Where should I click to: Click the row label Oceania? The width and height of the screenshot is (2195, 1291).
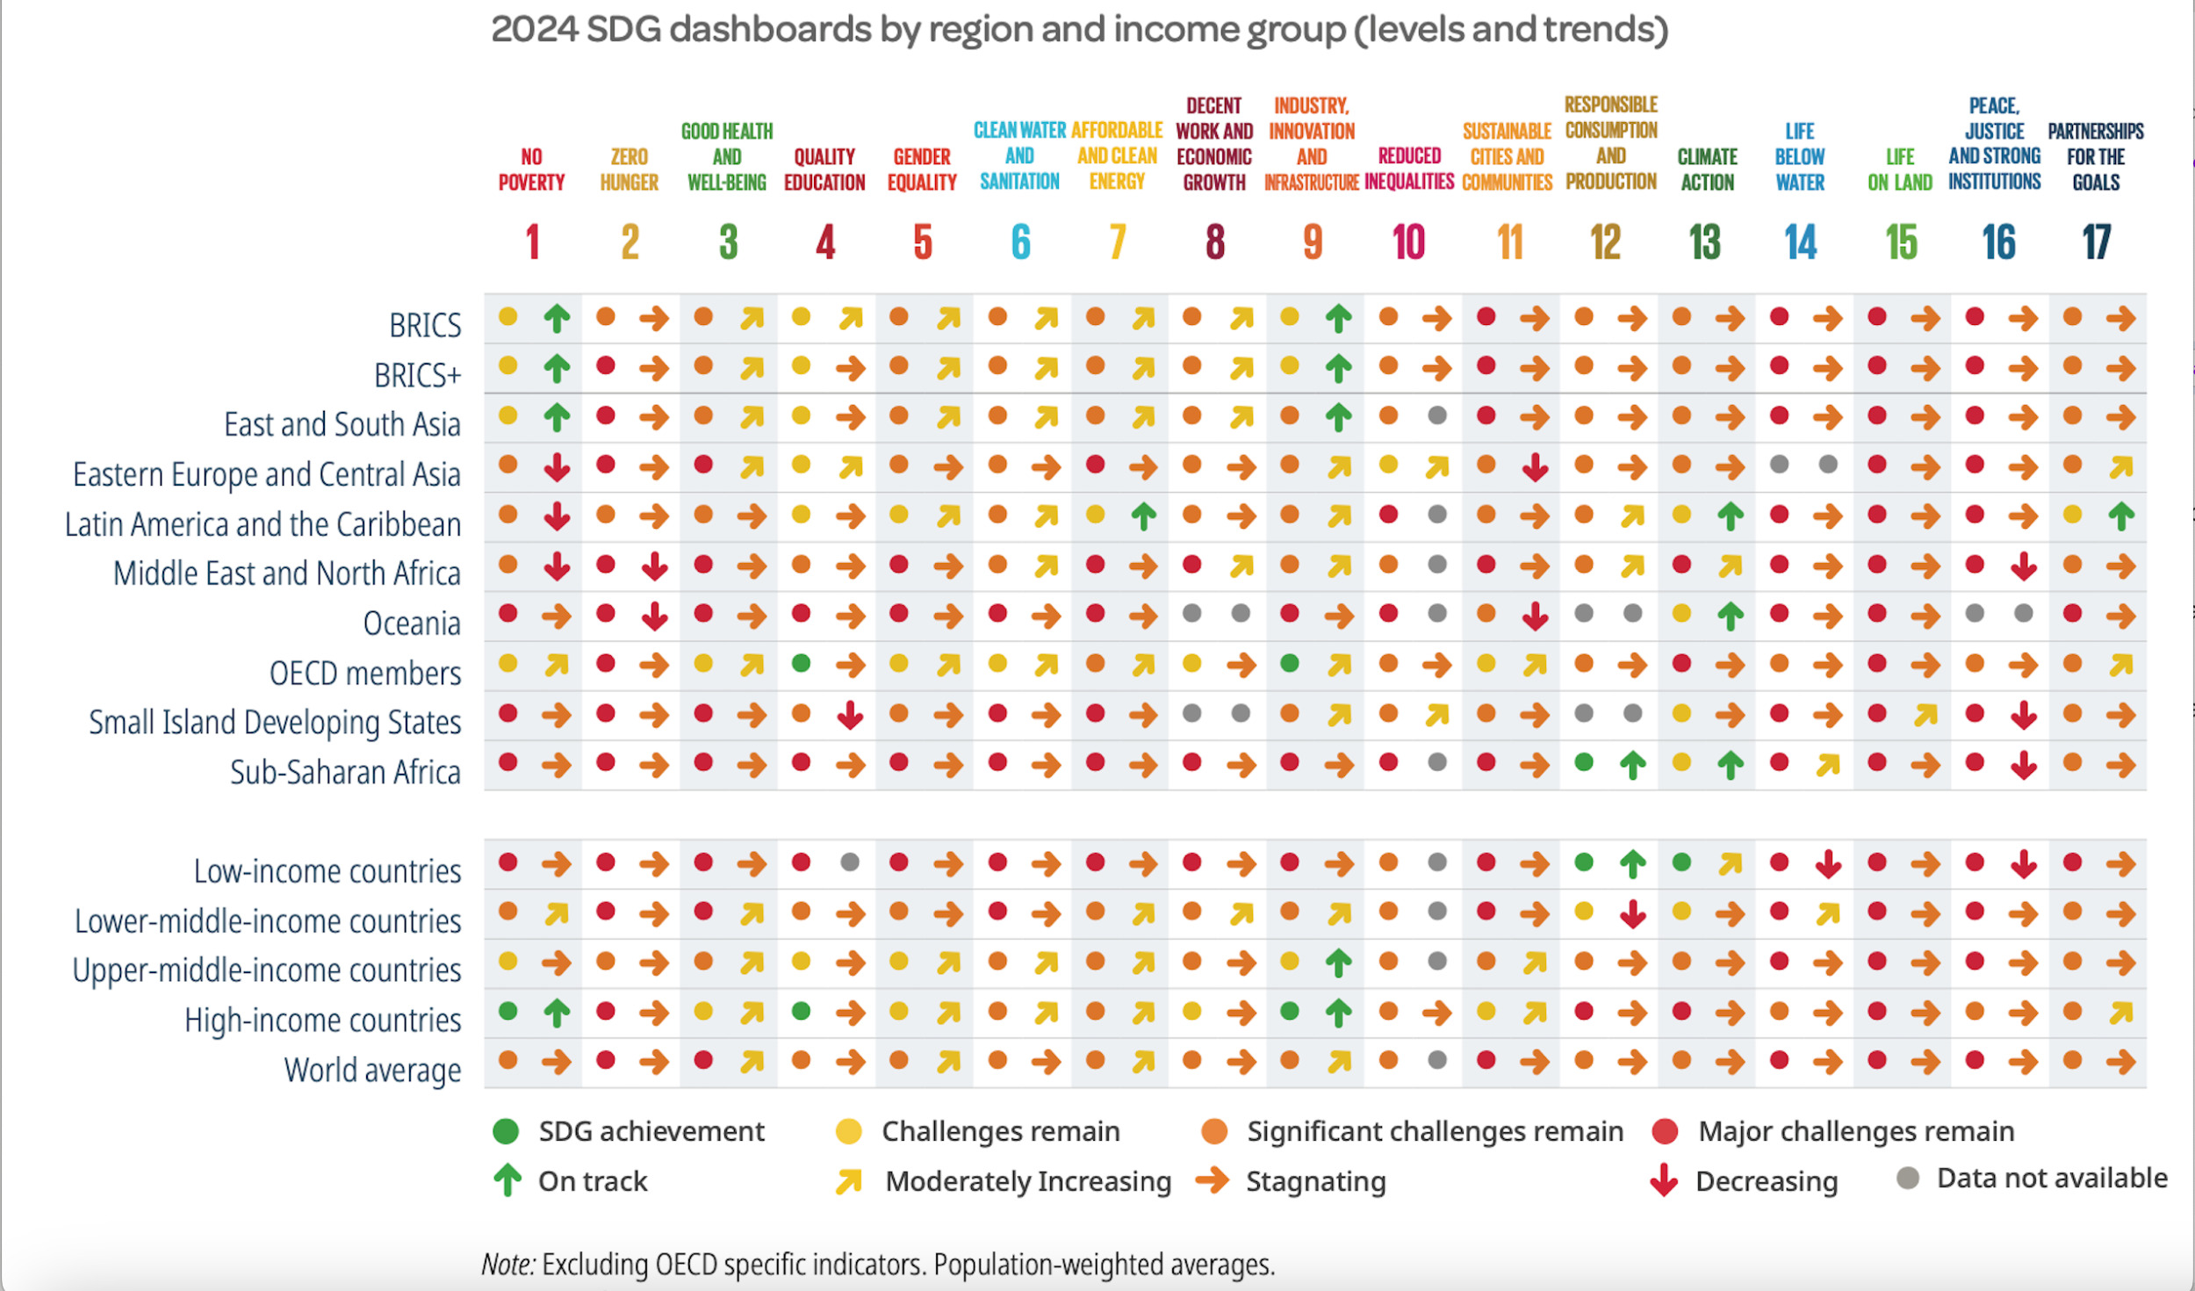coord(411,623)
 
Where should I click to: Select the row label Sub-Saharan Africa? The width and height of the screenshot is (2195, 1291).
coord(344,772)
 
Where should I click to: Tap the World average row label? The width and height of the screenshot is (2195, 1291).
coord(371,1070)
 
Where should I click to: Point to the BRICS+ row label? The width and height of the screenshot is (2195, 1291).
coord(417,375)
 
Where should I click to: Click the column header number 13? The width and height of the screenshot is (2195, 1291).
coord(1704,242)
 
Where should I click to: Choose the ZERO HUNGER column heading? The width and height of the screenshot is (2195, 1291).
coord(629,169)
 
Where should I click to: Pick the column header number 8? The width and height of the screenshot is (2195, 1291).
coord(1214,242)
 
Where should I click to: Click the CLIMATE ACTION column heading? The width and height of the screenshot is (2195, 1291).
coord(1707,169)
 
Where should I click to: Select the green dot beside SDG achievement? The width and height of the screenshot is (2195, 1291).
coord(506,1131)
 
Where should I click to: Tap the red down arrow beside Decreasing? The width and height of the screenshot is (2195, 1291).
coord(1663,1180)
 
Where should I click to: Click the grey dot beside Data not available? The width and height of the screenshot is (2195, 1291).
coord(1907,1178)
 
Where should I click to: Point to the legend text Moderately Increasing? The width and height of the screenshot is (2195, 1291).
coord(1027,1181)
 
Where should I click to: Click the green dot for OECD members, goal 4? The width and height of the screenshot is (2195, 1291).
coord(801,663)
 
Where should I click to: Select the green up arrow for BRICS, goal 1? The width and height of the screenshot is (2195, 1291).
coord(557,318)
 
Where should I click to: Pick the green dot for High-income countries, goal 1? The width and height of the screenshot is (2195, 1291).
coord(507,1011)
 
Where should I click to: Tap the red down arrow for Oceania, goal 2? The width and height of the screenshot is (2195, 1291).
coord(654,617)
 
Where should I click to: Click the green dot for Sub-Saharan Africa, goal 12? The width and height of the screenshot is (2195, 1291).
coord(1584,762)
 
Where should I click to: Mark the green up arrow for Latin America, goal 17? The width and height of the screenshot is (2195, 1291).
coord(2121,516)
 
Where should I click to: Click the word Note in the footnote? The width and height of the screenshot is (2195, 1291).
coord(507,1265)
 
